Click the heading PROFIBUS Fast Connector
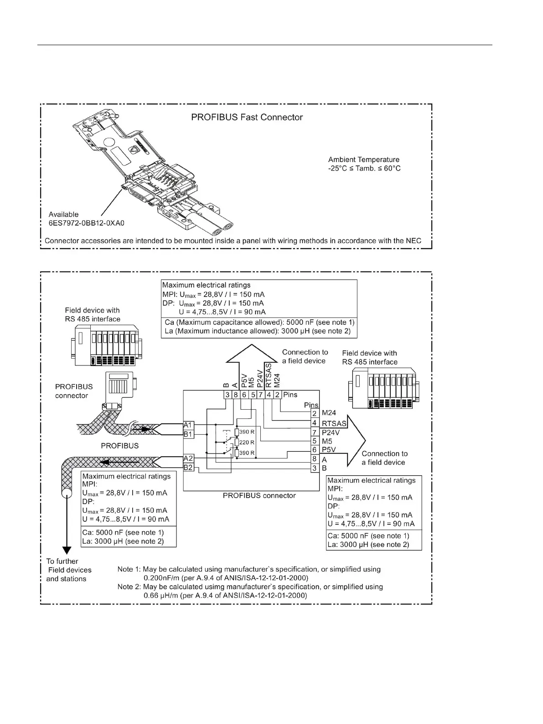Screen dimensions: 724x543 tap(247, 117)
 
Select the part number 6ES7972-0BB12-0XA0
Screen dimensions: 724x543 tap(87, 223)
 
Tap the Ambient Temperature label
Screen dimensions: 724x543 tap(364, 160)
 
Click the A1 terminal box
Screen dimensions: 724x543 tap(188, 425)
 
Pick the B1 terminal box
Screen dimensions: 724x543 tap(188, 434)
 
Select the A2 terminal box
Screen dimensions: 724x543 tap(188, 458)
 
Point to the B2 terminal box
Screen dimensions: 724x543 tap(188, 467)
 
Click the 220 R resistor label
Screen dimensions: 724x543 tap(247, 442)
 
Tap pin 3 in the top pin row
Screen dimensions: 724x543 tap(227, 395)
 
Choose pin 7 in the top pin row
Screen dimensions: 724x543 tap(261, 395)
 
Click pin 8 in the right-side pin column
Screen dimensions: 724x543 tap(314, 459)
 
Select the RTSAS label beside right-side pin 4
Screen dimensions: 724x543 tap(334, 423)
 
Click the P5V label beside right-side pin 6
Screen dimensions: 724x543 tap(329, 450)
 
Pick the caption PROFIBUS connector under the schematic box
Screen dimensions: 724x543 tap(259, 495)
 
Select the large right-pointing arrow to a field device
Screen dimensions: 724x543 tap(356, 440)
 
